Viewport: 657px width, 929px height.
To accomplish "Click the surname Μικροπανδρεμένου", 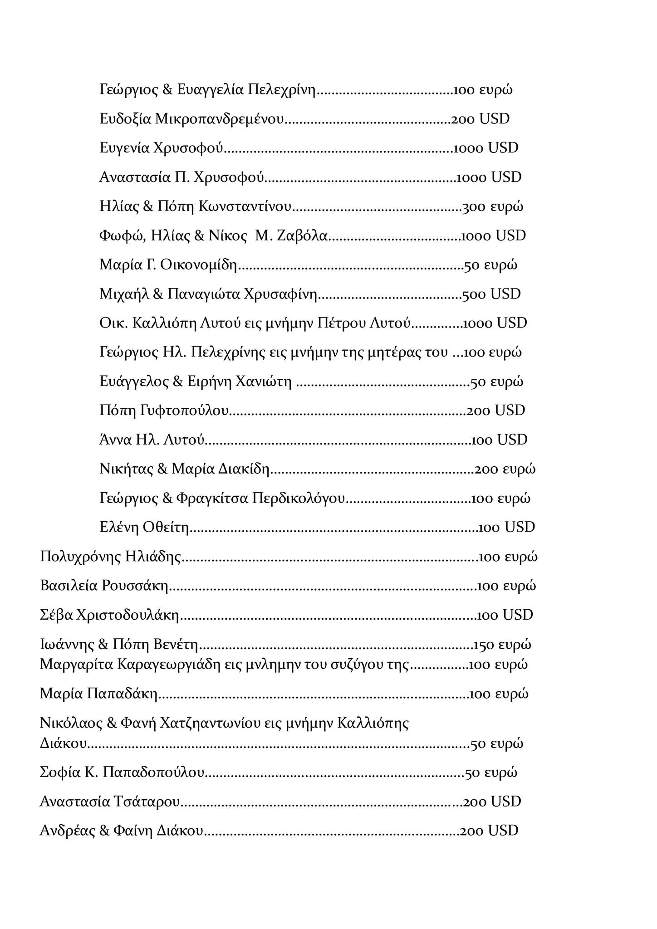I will pos(219,119).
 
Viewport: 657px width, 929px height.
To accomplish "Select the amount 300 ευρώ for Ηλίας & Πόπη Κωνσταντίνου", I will pos(492,207).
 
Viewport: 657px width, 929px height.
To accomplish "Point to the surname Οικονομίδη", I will pos(199,265).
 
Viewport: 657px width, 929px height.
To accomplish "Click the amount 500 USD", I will pos(491,294).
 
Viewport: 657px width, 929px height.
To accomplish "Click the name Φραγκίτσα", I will pos(212,499).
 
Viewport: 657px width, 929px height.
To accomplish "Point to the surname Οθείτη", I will pos(166,528).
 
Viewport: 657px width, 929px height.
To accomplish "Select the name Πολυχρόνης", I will pos(80,557).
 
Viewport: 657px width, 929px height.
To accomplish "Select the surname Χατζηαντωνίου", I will pos(212,723).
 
